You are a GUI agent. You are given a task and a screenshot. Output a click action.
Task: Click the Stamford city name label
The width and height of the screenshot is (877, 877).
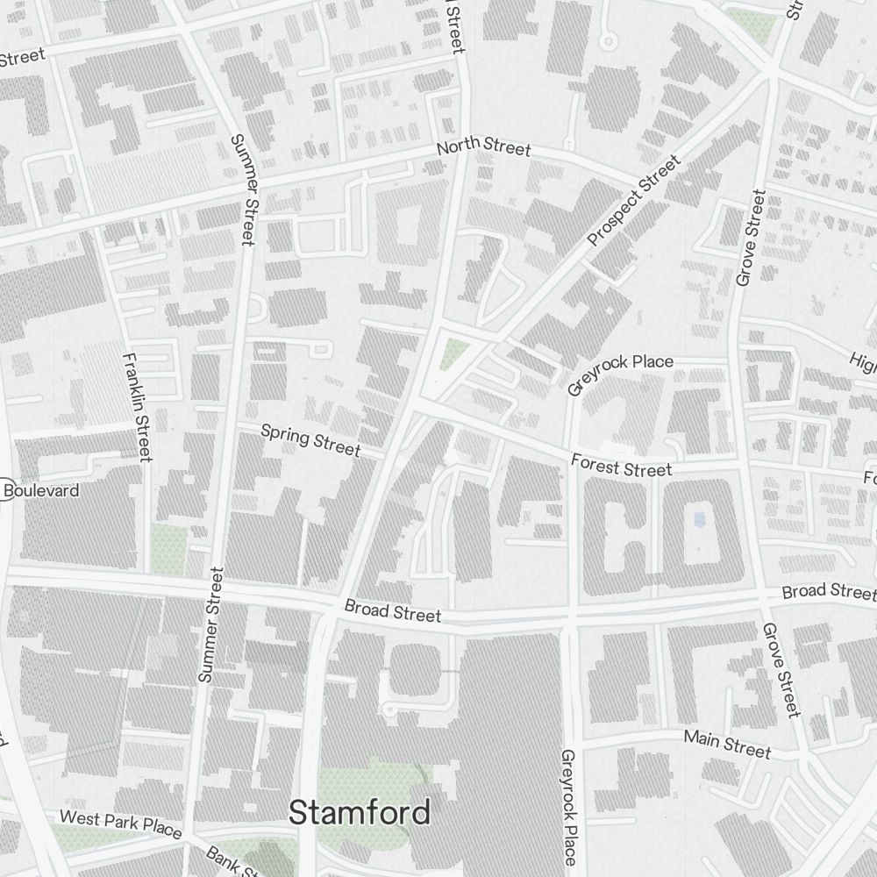(360, 812)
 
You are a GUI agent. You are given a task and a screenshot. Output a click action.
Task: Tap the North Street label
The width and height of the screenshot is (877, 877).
(483, 146)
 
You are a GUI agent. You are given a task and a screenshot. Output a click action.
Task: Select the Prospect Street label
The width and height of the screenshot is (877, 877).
(634, 201)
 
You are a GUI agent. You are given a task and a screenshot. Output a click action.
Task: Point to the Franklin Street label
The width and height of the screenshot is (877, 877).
(138, 407)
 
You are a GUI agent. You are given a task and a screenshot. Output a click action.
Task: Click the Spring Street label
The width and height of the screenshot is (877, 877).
(310, 440)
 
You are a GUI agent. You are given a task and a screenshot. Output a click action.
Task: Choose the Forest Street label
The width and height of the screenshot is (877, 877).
(621, 465)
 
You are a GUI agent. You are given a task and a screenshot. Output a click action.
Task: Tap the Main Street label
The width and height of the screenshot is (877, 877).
(727, 744)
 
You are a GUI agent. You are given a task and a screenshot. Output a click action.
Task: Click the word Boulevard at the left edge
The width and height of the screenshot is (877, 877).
(41, 490)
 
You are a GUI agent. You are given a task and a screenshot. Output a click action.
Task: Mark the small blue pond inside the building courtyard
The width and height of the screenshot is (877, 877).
(699, 520)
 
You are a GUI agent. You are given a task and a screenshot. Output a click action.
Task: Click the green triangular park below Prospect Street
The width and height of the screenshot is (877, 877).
(453, 353)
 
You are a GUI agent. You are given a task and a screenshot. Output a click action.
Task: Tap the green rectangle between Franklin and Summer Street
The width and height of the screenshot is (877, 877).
(168, 549)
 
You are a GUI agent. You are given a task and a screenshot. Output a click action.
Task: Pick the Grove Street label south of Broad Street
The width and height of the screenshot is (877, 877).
(781, 669)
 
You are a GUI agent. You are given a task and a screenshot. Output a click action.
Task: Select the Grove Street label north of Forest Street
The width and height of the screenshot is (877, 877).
(752, 238)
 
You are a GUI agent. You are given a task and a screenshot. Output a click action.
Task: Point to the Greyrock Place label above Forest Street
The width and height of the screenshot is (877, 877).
(620, 374)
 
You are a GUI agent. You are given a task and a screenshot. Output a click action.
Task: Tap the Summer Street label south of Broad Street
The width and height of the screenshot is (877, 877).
(210, 624)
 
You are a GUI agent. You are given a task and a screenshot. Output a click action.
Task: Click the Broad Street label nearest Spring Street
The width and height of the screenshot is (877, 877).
(392, 610)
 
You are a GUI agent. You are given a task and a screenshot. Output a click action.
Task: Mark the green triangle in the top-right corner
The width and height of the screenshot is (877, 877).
(752, 24)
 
